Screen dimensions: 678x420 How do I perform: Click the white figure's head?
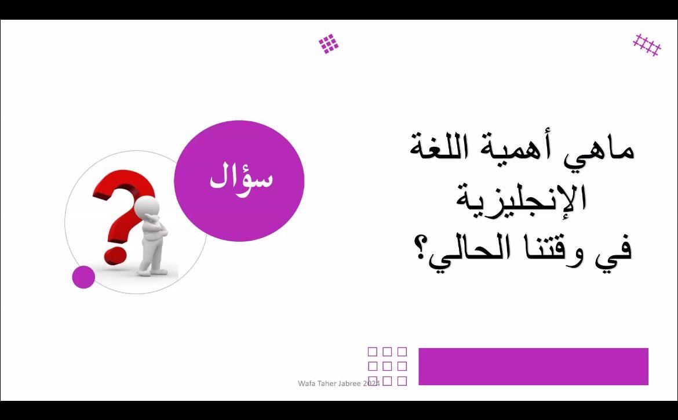tap(147, 207)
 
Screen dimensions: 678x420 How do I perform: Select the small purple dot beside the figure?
tap(83, 277)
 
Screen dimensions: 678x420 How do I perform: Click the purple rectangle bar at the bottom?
tap(533, 366)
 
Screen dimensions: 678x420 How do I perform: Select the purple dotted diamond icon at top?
tap(329, 44)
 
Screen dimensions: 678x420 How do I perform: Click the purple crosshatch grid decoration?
tap(647, 45)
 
